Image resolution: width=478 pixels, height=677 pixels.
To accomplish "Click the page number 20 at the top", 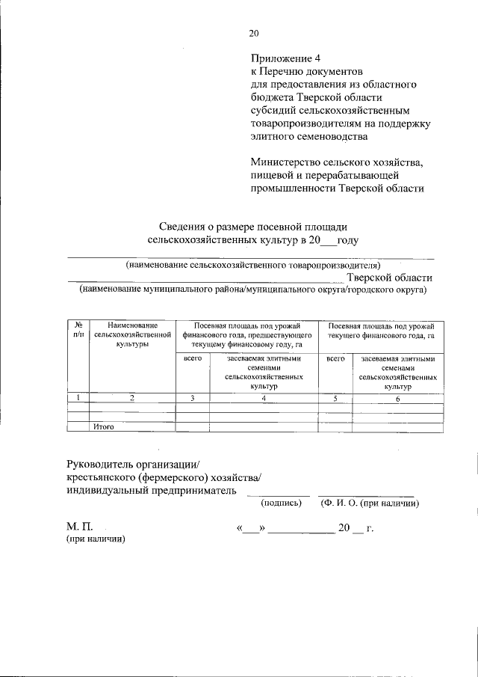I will click(x=253, y=32).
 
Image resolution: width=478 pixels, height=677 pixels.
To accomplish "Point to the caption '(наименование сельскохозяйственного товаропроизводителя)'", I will click(x=253, y=265).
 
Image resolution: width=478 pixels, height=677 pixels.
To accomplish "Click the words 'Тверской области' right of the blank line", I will click(x=394, y=278).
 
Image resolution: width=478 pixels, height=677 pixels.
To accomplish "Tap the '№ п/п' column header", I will click(x=78, y=330).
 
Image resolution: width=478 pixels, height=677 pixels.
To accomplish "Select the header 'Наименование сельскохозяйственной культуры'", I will click(x=131, y=335).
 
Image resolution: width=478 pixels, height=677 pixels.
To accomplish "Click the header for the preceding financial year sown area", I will click(x=246, y=335).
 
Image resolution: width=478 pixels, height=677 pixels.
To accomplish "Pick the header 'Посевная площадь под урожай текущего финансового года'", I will click(x=381, y=330).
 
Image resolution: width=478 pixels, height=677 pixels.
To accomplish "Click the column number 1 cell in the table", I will click(x=78, y=398).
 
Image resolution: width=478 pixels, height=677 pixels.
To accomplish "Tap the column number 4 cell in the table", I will click(x=264, y=398).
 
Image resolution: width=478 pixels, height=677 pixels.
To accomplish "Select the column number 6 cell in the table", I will click(x=397, y=398).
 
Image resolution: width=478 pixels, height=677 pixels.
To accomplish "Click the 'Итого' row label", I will click(x=103, y=427).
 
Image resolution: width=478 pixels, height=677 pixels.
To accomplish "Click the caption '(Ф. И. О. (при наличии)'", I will click(x=369, y=503).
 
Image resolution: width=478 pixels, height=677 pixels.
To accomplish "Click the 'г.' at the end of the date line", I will click(x=370, y=528).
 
